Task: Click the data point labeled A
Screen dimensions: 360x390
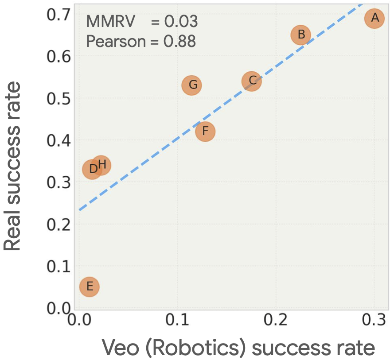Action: tap(374, 18)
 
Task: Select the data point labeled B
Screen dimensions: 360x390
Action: tap(301, 35)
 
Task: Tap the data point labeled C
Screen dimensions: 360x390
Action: tap(252, 81)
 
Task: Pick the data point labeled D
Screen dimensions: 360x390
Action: tap(91, 169)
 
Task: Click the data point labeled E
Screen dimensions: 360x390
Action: tap(90, 286)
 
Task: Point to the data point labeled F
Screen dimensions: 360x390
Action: tap(205, 132)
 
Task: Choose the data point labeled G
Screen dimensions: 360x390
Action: tap(192, 85)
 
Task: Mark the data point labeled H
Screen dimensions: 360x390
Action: tap(102, 165)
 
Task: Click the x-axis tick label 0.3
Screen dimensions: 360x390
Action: tap(374, 320)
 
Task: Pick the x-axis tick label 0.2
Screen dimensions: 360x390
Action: tap(276, 320)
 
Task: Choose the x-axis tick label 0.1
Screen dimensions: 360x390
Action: tap(177, 320)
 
